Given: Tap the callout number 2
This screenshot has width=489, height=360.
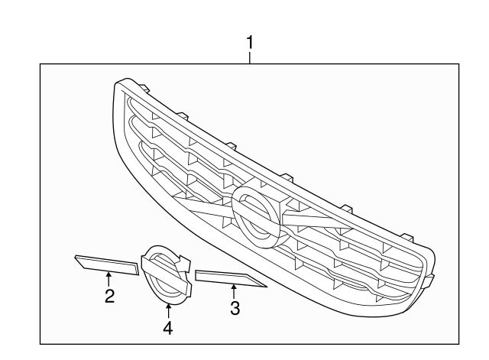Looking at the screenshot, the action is pos(109,296).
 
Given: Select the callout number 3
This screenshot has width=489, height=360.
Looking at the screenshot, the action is pos(235,308).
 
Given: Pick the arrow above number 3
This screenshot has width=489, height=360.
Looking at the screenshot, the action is pos(235,290).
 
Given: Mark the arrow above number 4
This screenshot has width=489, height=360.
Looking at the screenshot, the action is pos(167,310).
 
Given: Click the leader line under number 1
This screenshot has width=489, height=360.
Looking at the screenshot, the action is pos(250,58).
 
